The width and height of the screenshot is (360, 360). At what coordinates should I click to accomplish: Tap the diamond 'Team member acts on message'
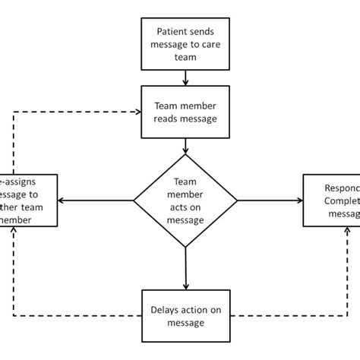(x=185, y=201)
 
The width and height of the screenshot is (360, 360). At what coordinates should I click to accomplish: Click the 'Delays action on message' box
(x=185, y=316)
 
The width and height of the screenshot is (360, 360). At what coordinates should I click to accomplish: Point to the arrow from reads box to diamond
(x=185, y=145)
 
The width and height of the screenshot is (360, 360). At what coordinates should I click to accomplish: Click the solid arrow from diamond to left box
(x=97, y=201)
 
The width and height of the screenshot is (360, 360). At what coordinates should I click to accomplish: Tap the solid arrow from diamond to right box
(x=270, y=201)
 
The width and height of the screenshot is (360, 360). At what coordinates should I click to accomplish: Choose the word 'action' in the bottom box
(x=194, y=310)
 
